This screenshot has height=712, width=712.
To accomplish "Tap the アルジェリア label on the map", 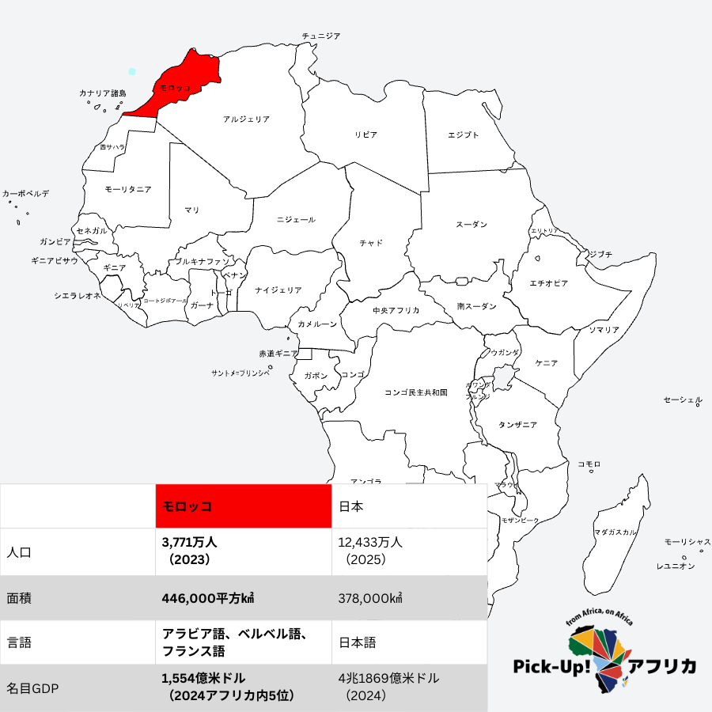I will [x=246, y=119].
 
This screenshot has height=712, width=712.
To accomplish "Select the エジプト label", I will [x=463, y=135].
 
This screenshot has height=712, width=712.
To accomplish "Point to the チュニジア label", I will [x=321, y=36].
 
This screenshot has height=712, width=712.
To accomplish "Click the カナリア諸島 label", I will [x=102, y=93].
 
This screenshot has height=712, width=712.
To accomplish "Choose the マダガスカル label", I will [x=615, y=532].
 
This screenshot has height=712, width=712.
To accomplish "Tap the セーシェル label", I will [x=682, y=401].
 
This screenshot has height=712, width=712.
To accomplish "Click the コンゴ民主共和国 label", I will [x=416, y=392].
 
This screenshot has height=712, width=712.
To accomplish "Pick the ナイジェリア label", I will [x=278, y=290].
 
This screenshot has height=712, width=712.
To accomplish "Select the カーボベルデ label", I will [x=25, y=193].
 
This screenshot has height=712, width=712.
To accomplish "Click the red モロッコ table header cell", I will [x=243, y=506].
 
